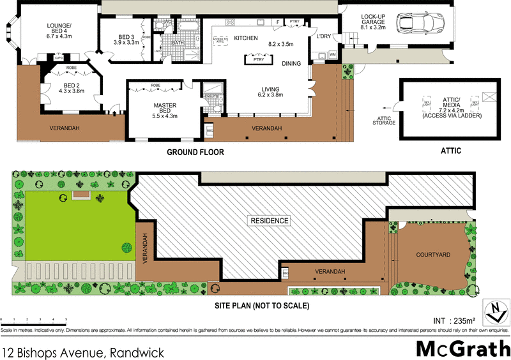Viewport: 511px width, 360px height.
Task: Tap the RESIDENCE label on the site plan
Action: [270, 221]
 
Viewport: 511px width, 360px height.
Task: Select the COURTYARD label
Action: [433, 254]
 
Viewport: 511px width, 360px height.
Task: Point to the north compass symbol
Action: [495, 312]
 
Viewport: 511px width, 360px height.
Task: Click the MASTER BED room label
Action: [164, 110]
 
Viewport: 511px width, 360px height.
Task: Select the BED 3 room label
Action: [126, 39]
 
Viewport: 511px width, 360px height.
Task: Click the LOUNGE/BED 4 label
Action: [59, 30]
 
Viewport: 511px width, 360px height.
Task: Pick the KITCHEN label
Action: [246, 38]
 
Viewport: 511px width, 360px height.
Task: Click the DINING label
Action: [291, 63]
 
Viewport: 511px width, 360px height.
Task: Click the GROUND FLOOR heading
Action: [195, 153]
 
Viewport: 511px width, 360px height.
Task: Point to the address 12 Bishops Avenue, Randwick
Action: [83, 352]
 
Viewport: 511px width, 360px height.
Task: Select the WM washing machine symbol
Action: [332, 56]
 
